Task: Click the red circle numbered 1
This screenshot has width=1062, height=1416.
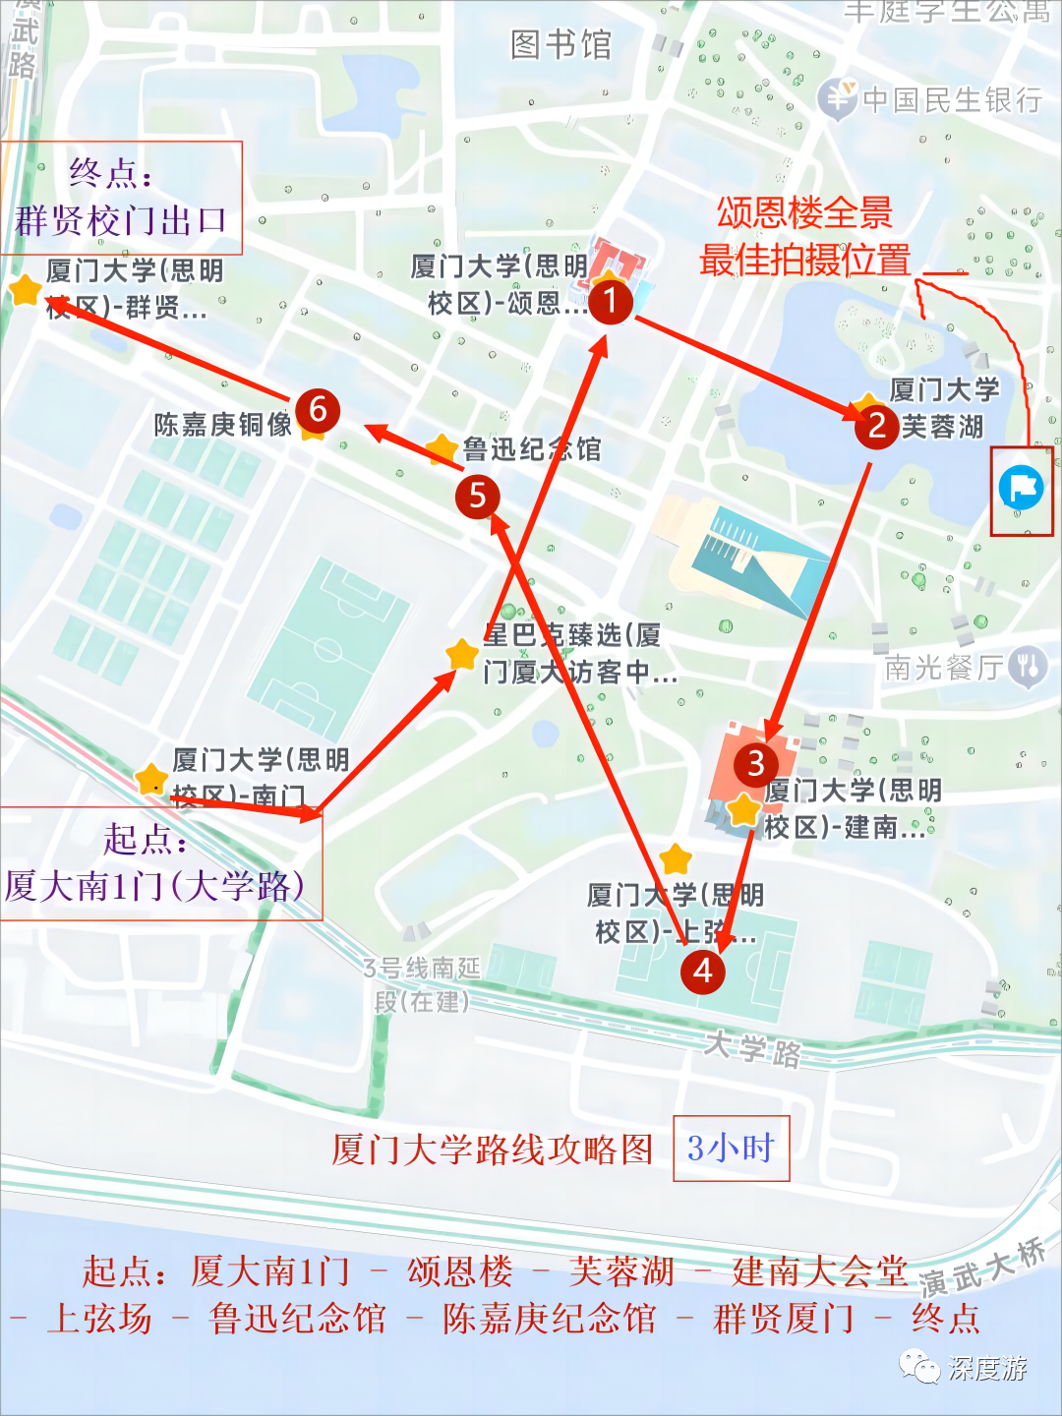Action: (610, 299)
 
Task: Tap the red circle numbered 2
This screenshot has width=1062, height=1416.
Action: (876, 426)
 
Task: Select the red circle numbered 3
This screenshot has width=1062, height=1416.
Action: (755, 763)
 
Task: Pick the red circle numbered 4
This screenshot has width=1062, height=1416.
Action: (703, 971)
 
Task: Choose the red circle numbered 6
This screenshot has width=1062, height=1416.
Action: (318, 409)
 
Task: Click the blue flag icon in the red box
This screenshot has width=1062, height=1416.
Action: (1021, 488)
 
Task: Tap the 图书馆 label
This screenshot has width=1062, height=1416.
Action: (560, 45)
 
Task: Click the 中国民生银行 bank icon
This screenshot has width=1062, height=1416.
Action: (838, 98)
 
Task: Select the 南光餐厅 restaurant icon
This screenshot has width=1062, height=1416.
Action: (1028, 668)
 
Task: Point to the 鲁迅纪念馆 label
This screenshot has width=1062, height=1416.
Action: (532, 449)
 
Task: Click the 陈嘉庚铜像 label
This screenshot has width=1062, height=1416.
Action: (222, 425)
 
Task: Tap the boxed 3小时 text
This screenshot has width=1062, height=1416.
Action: (731, 1148)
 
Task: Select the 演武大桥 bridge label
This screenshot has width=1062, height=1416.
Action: (982, 1268)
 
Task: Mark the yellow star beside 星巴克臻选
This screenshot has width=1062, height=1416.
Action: (461, 654)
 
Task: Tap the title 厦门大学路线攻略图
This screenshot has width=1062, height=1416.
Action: (492, 1149)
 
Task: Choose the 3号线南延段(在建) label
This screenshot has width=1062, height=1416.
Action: (422, 984)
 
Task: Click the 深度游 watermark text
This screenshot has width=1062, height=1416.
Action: (987, 1368)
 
